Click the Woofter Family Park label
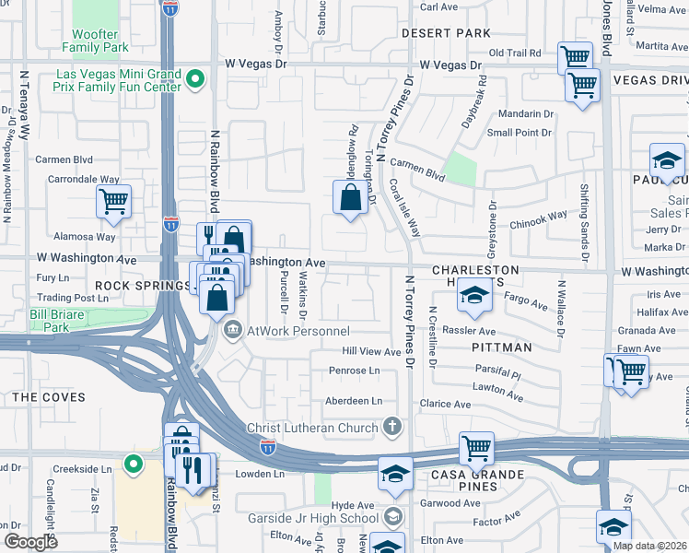96,41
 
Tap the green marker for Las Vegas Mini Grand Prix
194,80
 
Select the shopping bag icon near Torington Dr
350,198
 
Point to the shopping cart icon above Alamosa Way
113,201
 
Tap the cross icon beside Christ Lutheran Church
393,427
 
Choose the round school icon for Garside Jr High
393,516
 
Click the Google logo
30,541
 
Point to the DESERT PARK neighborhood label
447,33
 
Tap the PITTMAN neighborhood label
502,347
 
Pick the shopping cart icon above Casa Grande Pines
476,449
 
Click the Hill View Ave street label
371,351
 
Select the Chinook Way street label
538,218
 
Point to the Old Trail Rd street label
514,53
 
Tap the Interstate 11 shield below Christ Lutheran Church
267,447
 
